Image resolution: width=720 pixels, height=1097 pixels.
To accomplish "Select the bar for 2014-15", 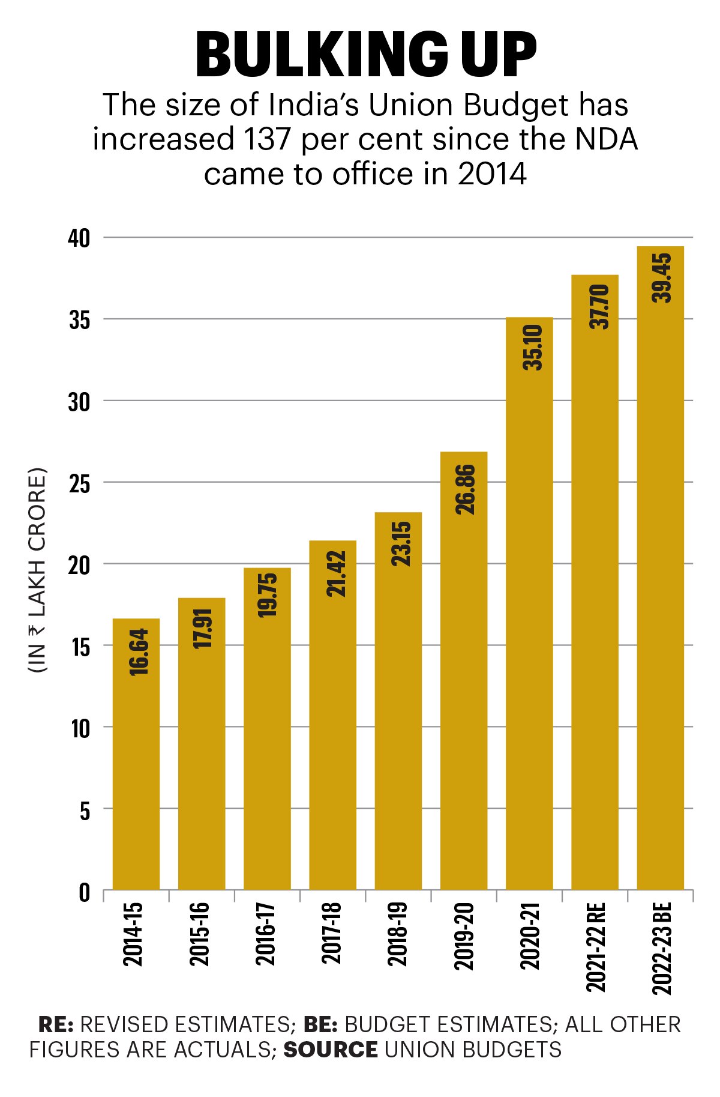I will [136, 754].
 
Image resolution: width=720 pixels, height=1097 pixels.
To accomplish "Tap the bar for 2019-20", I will [464, 670].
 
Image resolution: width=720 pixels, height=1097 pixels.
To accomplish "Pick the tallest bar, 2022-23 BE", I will [660, 567].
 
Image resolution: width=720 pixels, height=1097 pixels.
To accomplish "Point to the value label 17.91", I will [203, 628].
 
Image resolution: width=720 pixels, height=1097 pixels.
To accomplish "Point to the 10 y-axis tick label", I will [80, 728].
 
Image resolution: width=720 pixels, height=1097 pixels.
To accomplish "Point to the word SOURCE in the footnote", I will [331, 1050].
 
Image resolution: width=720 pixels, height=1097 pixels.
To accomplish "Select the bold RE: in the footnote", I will [56, 1024].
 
